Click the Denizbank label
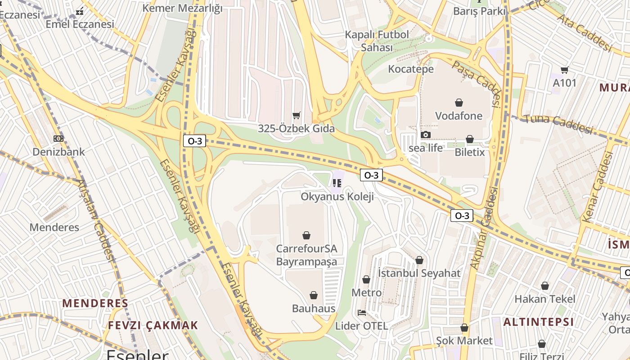[58, 152]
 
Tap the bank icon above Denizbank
[58, 139]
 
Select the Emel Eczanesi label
[80, 24]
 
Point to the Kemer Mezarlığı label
[182, 8]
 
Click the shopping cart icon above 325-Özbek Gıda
[296, 116]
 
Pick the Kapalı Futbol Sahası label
[377, 41]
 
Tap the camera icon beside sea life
[425, 135]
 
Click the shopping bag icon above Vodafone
[459, 103]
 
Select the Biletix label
[470, 152]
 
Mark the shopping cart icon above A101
[564, 70]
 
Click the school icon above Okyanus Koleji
[337, 183]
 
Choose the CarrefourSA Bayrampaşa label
[306, 255]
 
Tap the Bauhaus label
[314, 308]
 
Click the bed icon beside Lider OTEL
[361, 313]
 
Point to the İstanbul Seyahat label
[419, 273]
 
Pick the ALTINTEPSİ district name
[538, 322]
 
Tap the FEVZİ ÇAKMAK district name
[153, 325]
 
